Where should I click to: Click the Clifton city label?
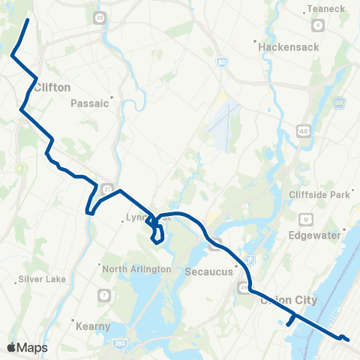(x=52, y=87)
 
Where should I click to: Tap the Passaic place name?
(x=90, y=104)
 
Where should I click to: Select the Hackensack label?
(x=289, y=46)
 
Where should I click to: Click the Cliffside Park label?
(x=320, y=194)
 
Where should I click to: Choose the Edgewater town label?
(x=316, y=233)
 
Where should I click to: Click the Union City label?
(x=289, y=300)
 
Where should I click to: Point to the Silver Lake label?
(x=44, y=280)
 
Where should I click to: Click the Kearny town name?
(x=94, y=326)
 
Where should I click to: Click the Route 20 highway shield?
(x=100, y=16)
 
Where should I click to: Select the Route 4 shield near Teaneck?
(x=319, y=25)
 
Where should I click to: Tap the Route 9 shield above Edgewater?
(x=307, y=219)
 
